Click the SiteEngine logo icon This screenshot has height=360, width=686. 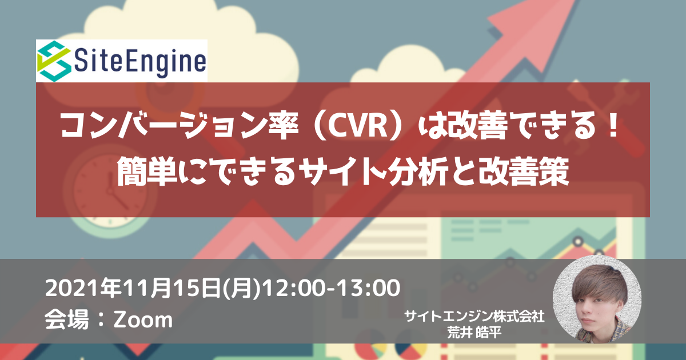(x=54, y=61)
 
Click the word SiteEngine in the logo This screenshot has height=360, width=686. (x=140, y=62)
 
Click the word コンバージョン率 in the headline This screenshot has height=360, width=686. (x=180, y=126)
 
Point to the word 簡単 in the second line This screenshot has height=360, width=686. (x=146, y=171)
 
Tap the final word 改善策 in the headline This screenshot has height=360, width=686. (x=524, y=171)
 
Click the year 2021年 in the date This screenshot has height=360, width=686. (x=83, y=288)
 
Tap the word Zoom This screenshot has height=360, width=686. (x=143, y=320)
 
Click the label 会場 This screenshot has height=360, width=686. (x=67, y=319)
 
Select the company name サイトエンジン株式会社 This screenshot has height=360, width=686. (x=474, y=317)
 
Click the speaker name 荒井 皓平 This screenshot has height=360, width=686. (x=474, y=332)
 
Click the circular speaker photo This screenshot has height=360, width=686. (x=597, y=299)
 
